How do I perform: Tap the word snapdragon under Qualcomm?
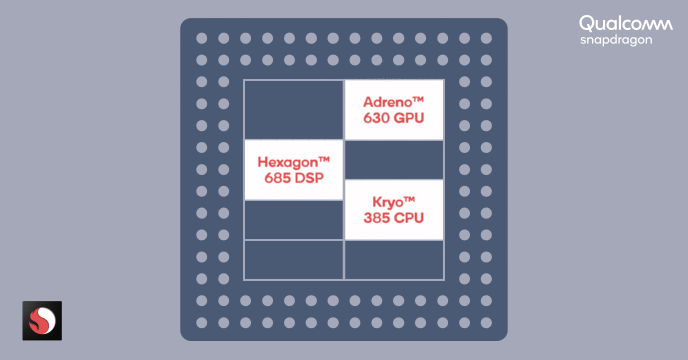click(616, 40)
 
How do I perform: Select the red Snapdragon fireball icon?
click(42, 320)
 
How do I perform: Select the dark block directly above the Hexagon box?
click(294, 109)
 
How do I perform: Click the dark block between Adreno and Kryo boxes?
click(393, 159)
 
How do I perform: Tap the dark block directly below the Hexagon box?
click(294, 219)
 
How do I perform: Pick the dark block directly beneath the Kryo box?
click(393, 260)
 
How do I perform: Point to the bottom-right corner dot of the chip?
click(486, 322)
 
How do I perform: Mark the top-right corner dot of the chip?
click(486, 38)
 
